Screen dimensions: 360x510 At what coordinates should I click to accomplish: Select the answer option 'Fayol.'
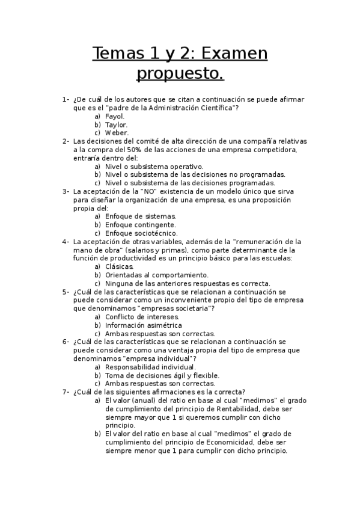pyautogui.click(x=115, y=116)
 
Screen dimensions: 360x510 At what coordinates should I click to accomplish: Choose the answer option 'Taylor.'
pyautogui.click(x=116, y=124)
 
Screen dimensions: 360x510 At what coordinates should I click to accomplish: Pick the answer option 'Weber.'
pyautogui.click(x=117, y=133)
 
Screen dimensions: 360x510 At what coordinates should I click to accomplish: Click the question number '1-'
pyautogui.click(x=66, y=99)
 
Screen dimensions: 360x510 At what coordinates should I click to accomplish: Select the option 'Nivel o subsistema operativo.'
pyautogui.click(x=154, y=167)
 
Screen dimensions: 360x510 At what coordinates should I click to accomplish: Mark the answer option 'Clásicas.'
pyautogui.click(x=119, y=266)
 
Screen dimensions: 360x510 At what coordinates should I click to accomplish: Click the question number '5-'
pyautogui.click(x=66, y=292)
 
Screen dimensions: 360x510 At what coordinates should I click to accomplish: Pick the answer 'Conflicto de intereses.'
pyautogui.click(x=142, y=316)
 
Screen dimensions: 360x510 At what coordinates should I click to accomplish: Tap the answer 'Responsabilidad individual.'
pyautogui.click(x=150, y=367)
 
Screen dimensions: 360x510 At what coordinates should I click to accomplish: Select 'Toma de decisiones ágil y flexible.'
pyautogui.click(x=162, y=375)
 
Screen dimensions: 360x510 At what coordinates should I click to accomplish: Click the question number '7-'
pyautogui.click(x=66, y=392)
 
